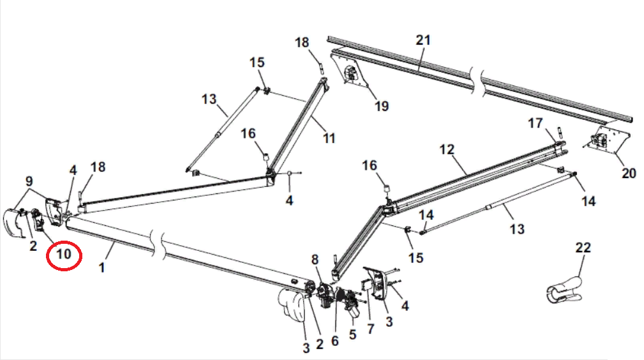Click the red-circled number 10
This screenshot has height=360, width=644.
pos(64,256)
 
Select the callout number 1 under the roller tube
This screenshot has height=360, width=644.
pos(101,268)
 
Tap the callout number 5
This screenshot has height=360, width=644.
pos(353,333)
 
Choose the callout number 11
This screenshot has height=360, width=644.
pos(328,138)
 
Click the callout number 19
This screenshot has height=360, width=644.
pos(381,106)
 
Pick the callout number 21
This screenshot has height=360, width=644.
pos(423,40)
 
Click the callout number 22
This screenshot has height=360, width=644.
pos(583,248)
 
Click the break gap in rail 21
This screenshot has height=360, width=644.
pos(476,71)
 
